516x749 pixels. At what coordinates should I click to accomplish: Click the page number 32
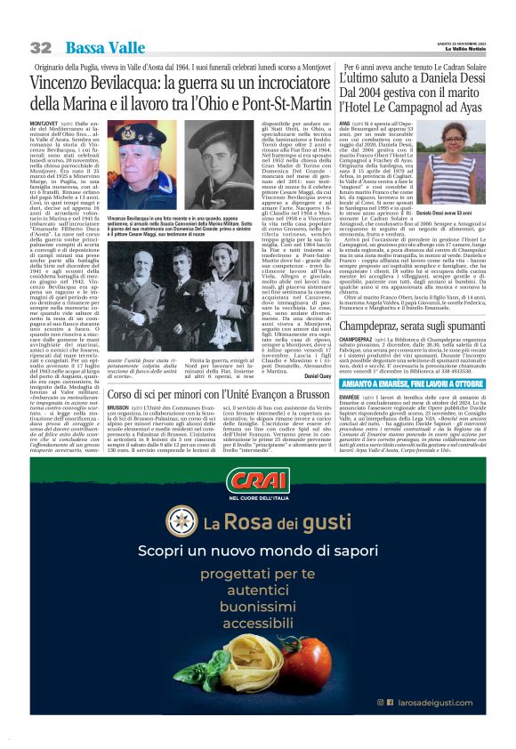41,48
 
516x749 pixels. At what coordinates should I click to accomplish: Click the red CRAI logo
257,482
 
